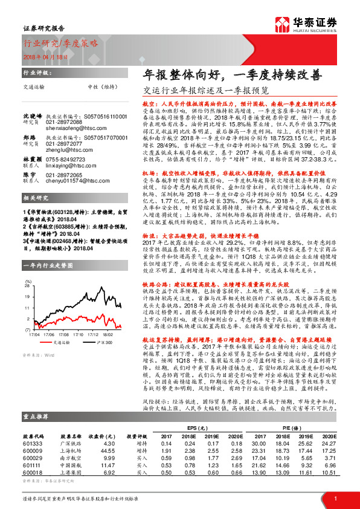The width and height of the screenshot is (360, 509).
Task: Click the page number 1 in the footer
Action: tap(335, 498)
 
